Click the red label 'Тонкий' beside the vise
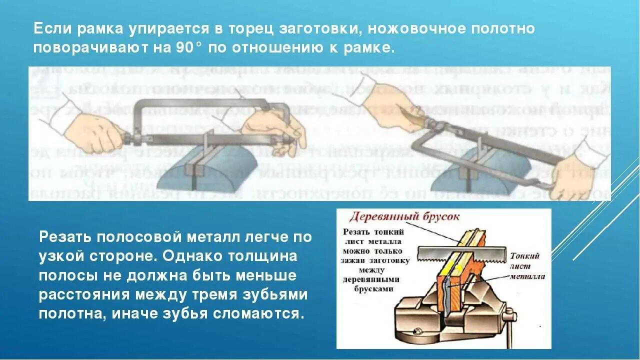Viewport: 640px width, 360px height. click(x=524, y=256)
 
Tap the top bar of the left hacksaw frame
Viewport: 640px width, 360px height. click(x=200, y=102)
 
